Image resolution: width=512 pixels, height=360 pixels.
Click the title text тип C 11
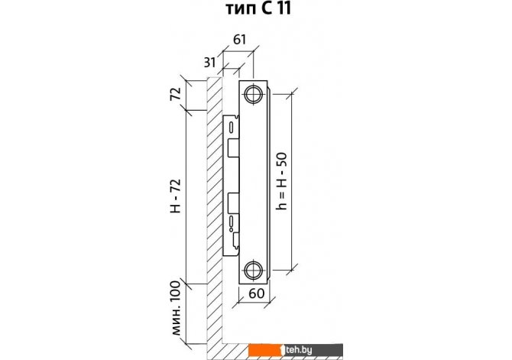(258, 8)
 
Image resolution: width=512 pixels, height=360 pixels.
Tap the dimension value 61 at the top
(239, 40)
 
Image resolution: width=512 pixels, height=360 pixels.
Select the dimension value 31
(210, 62)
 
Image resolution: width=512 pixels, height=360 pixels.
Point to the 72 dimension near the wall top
(176, 95)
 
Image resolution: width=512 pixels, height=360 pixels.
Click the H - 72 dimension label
(176, 196)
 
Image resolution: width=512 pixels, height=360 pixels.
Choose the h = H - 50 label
(280, 181)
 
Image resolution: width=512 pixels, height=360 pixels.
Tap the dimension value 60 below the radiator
(256, 294)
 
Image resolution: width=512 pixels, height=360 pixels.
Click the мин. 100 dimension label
(176, 308)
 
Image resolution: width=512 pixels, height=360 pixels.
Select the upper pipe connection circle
(254, 95)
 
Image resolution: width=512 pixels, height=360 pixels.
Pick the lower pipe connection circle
(254, 270)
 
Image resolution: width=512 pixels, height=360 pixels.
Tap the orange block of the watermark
(264, 350)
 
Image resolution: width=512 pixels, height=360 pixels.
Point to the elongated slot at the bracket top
(232, 127)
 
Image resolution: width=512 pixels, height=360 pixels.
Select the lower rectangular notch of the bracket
(233, 202)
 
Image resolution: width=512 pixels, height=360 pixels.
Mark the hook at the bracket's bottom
(236, 240)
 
